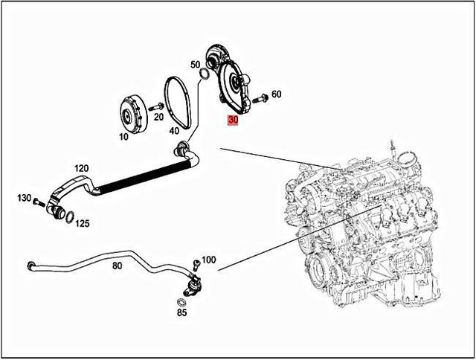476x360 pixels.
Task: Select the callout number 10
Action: pyautogui.click(x=123, y=138)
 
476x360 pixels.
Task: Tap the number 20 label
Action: pyautogui.click(x=158, y=117)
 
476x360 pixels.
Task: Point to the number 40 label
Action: pyautogui.click(x=174, y=131)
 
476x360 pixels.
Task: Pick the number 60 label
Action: pyautogui.click(x=277, y=94)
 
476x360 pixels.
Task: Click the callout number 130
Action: pyautogui.click(x=25, y=198)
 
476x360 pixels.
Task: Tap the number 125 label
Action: pyautogui.click(x=82, y=222)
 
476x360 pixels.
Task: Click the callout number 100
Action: pyautogui.click(x=208, y=260)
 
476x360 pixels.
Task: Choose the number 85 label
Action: pyautogui.click(x=182, y=313)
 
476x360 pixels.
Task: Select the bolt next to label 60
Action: pyautogui.click(x=260, y=97)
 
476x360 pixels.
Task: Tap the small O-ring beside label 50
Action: pyautogui.click(x=204, y=72)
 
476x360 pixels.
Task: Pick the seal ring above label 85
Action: pyautogui.click(x=182, y=302)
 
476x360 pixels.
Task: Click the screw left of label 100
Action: pyautogui.click(x=193, y=263)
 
